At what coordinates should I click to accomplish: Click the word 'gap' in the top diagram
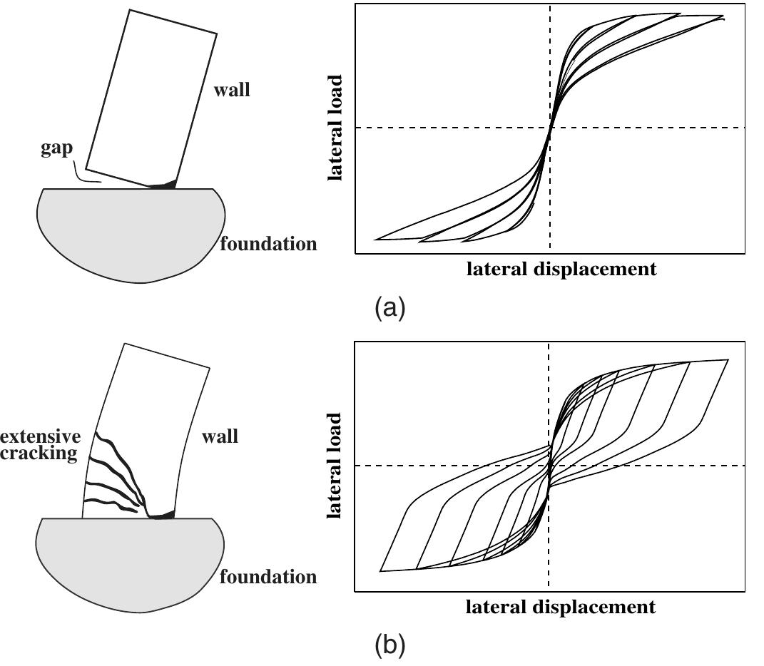click(56, 148)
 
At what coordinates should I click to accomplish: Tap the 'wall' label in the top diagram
click(232, 90)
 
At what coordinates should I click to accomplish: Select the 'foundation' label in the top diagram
click(268, 244)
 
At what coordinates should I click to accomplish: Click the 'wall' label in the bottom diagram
click(220, 436)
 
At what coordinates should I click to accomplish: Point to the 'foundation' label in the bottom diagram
click(268, 577)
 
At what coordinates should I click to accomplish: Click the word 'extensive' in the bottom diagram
click(41, 436)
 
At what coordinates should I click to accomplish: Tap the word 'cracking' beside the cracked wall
click(39, 454)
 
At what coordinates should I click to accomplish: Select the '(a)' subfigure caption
click(389, 308)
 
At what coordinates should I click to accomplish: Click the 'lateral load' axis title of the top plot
click(335, 128)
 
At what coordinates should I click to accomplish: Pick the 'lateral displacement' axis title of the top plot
click(561, 269)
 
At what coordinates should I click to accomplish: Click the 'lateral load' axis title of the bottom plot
click(335, 466)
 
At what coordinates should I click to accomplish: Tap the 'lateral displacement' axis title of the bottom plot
click(560, 607)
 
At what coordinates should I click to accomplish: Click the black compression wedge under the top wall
click(165, 185)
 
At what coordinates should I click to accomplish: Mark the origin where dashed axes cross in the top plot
click(550, 128)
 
